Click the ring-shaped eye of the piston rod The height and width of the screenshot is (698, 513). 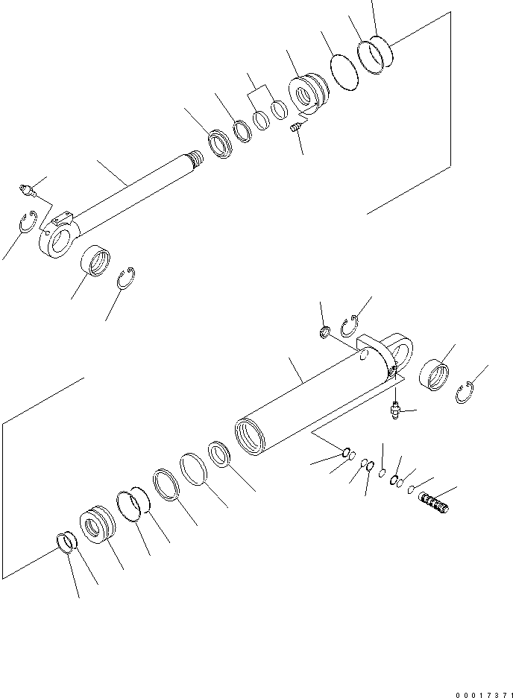pyautogui.click(x=57, y=244)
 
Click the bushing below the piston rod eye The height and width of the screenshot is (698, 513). pyautogui.click(x=96, y=261)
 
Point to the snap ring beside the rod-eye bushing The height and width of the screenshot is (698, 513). pyautogui.click(x=128, y=277)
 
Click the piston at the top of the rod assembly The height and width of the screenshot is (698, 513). pyautogui.click(x=307, y=95)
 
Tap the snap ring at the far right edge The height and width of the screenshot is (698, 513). pyautogui.click(x=466, y=392)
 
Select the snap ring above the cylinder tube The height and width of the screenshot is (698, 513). pyautogui.click(x=350, y=326)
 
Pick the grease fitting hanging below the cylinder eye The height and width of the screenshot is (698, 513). pyautogui.click(x=394, y=408)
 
